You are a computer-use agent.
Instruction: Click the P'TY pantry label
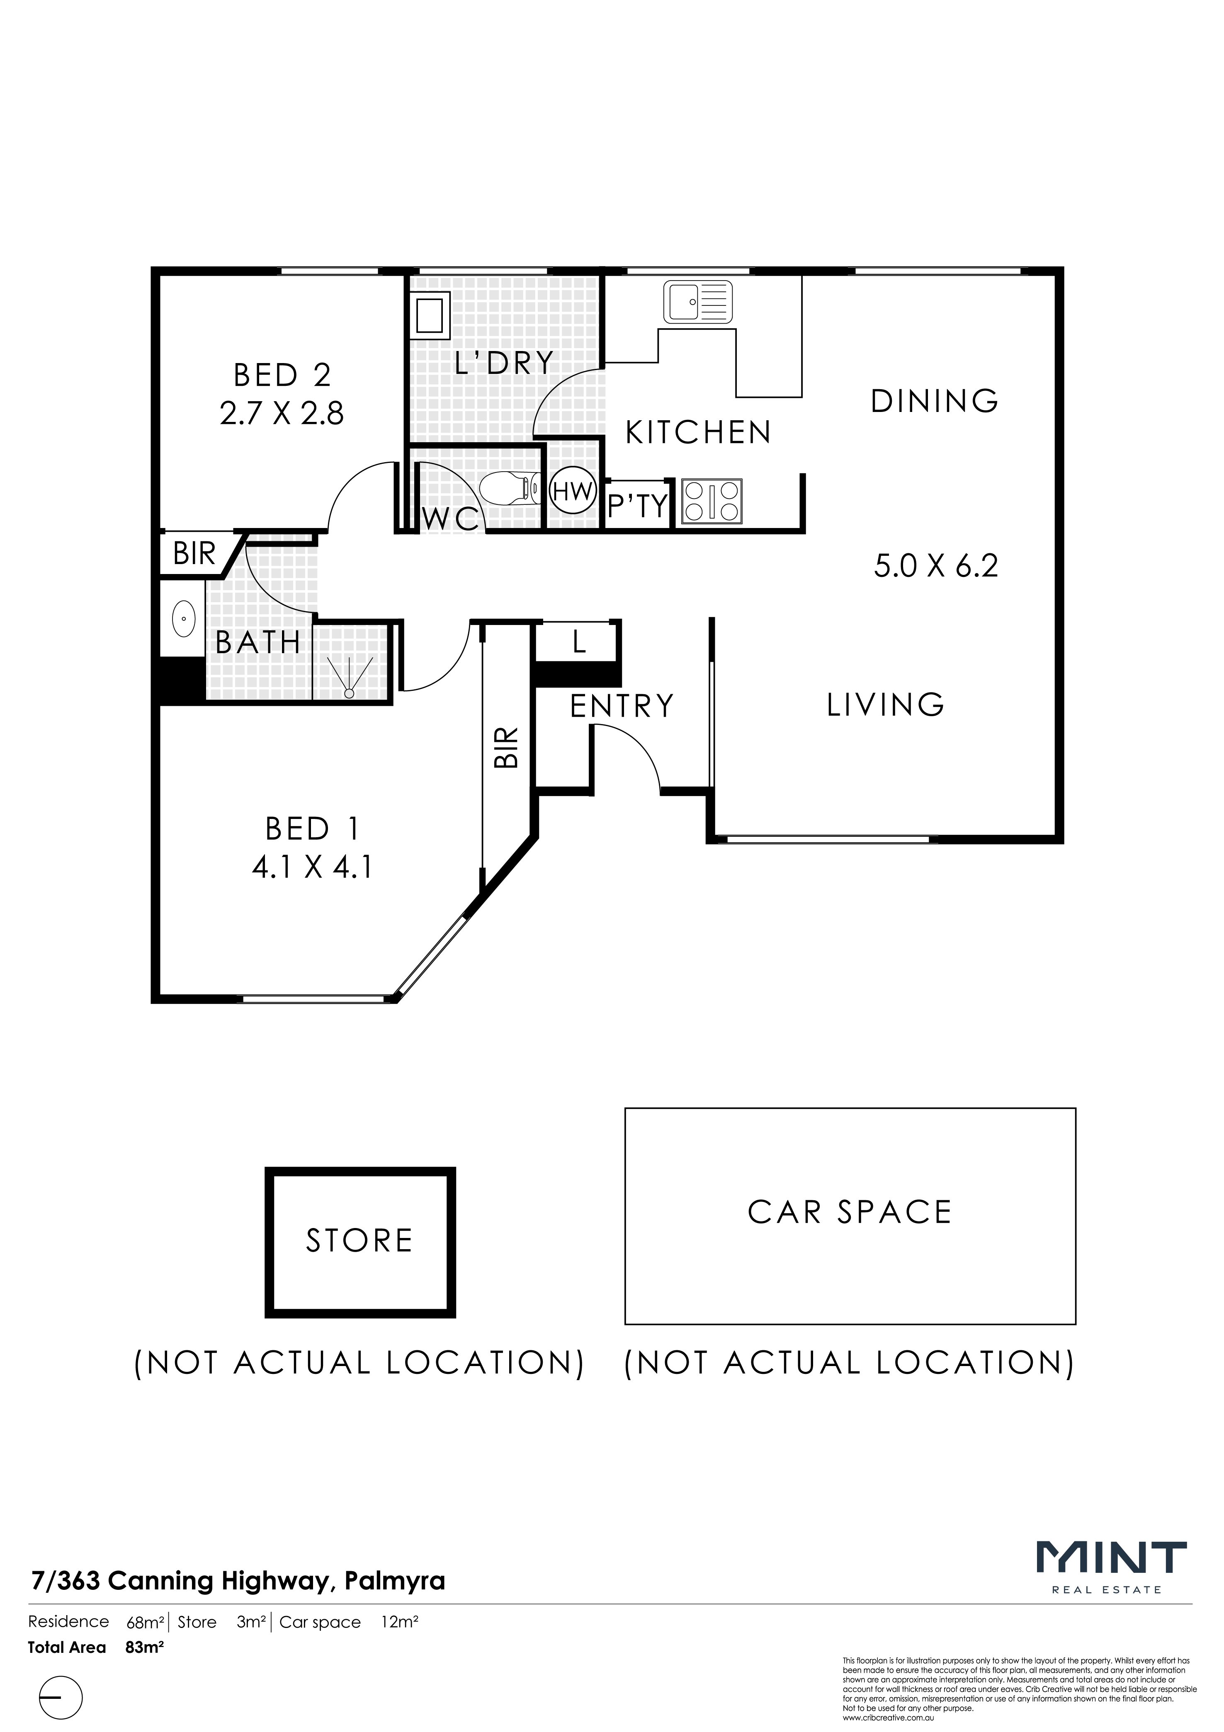(x=639, y=505)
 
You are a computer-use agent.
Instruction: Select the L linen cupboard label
(x=579, y=642)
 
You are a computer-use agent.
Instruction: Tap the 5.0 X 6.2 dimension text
(x=936, y=566)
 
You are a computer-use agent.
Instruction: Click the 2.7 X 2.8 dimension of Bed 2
(x=282, y=413)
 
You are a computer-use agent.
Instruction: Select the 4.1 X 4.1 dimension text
(x=312, y=867)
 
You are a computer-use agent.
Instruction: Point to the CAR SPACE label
(x=850, y=1212)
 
